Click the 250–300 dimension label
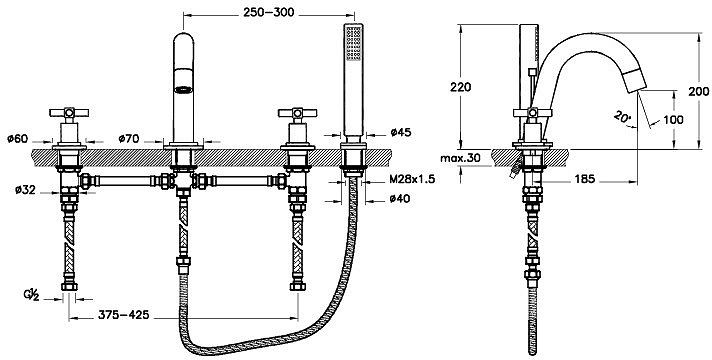click(268, 12)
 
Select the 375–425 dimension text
click(124, 315)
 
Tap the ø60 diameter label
click(18, 138)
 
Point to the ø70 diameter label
click(129, 138)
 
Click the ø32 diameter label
click(25, 190)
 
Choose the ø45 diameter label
click(400, 132)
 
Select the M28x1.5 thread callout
click(412, 179)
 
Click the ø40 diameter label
click(400, 198)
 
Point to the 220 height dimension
click(460, 87)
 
